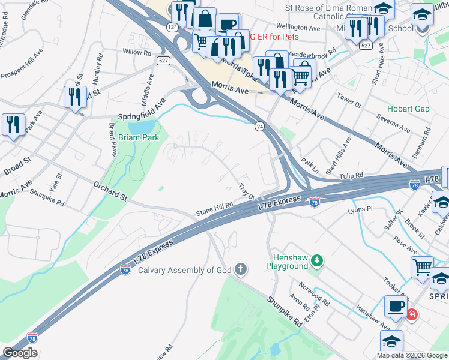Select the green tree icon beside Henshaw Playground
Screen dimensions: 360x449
(x=317, y=260)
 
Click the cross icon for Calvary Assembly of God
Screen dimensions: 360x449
(x=241, y=269)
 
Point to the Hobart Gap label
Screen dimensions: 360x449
(x=408, y=109)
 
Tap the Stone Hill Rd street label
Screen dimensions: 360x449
(x=214, y=208)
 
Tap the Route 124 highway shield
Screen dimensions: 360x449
(x=172, y=28)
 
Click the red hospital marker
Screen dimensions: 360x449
(x=412, y=314)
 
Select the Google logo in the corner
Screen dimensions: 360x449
(x=20, y=353)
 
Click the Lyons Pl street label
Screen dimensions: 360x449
(x=360, y=211)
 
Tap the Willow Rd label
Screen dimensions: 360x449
(x=137, y=52)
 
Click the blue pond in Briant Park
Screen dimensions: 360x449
(x=142, y=127)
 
